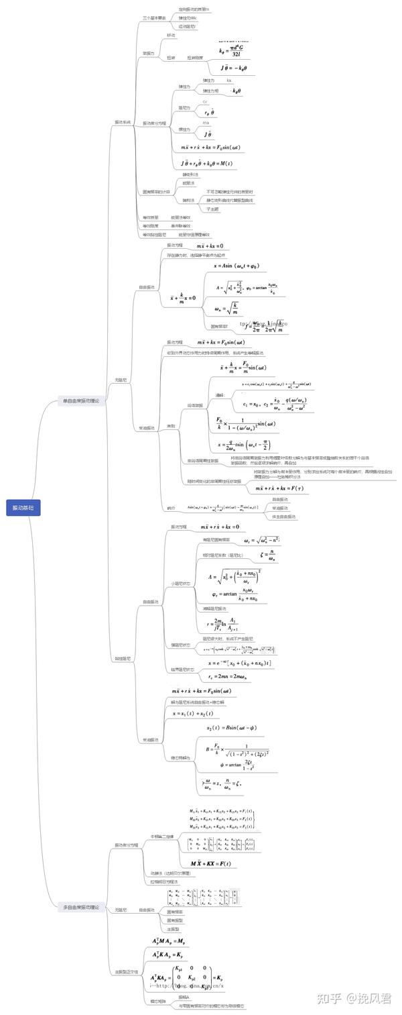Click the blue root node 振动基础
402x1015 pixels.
[23, 508]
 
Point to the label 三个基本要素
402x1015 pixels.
[153, 17]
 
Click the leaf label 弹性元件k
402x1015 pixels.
[188, 17]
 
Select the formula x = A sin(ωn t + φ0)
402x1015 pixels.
[236, 266]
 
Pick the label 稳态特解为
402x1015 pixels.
[181, 757]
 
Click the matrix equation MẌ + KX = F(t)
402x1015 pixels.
[210, 863]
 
